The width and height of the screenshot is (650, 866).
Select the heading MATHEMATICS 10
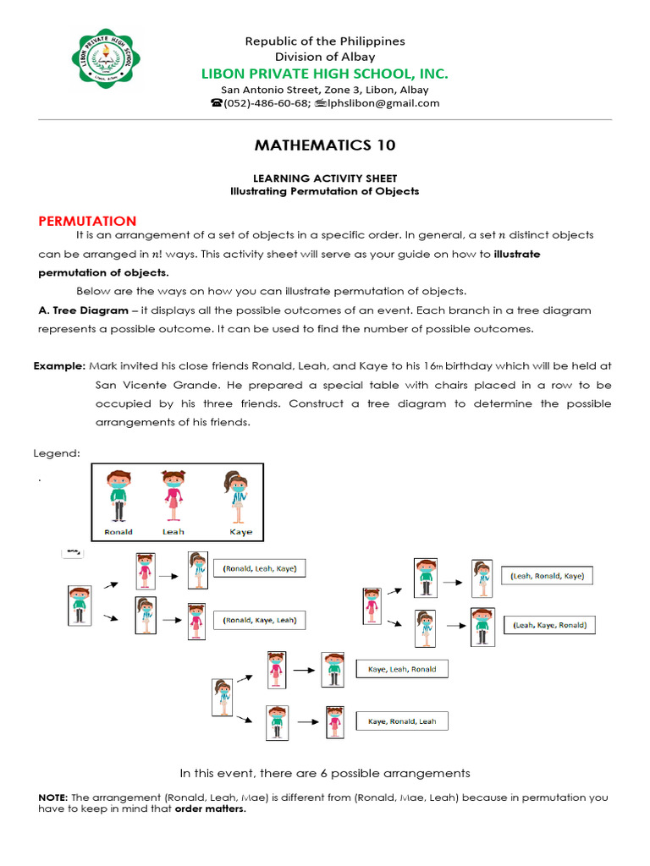pos(325,145)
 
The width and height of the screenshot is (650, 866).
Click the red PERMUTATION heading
pos(87,221)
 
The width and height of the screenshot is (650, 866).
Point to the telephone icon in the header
pos(216,103)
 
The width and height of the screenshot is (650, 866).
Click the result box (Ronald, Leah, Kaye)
pos(260,569)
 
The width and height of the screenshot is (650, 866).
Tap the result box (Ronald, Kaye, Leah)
pos(260,620)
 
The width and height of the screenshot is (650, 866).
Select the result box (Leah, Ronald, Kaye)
pos(547,576)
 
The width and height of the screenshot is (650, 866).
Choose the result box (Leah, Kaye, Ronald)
pos(550,626)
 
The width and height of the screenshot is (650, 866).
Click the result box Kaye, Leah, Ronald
pos(402,669)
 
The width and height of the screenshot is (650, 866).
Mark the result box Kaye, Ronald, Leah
pos(402,721)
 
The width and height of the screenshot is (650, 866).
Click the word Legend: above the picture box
pos(57,453)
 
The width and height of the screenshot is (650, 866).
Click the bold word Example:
pos(59,365)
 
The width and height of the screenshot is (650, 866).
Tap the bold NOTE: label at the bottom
pos(54,797)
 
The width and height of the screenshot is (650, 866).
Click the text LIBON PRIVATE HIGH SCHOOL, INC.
pos(324,74)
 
